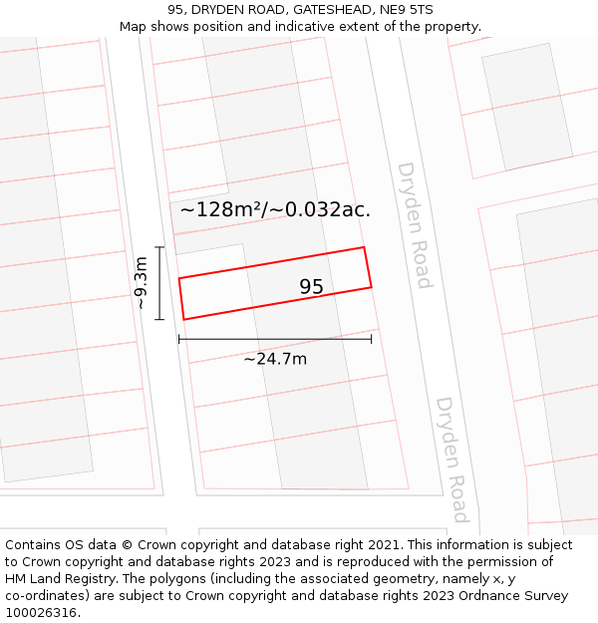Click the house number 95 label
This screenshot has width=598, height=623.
point(311,287)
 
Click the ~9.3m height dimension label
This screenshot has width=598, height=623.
point(141,283)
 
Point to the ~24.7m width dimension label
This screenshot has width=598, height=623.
point(275,359)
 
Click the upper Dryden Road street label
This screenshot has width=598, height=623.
point(414,225)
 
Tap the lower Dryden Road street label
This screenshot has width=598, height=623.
point(451,459)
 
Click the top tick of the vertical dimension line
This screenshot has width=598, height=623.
point(159,246)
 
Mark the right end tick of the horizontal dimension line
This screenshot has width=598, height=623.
point(372,339)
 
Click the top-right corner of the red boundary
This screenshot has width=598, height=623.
point(364,247)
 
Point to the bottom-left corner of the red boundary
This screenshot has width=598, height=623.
point(184,320)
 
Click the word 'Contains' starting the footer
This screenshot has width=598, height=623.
point(34,545)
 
